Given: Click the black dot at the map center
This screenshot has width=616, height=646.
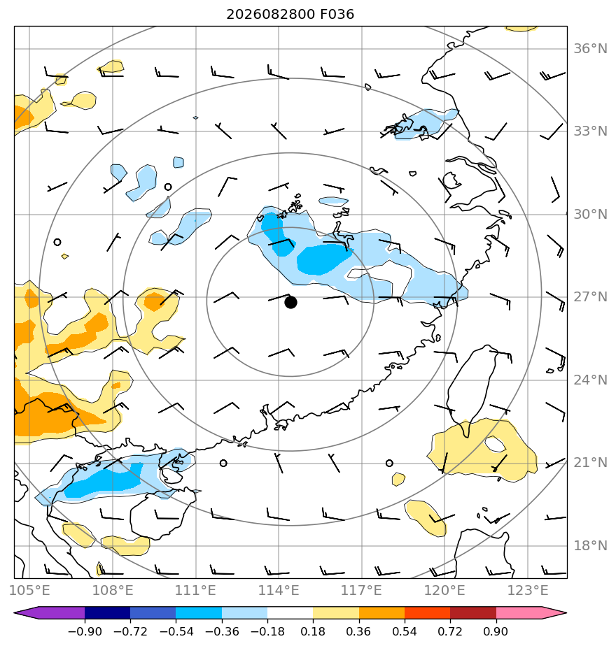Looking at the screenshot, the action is pyautogui.click(x=291, y=303).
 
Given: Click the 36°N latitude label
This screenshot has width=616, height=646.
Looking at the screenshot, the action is pyautogui.click(x=590, y=49).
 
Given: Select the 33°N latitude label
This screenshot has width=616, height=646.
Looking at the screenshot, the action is pyautogui.click(x=590, y=131).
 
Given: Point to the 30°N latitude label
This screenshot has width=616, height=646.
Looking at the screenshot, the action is pyautogui.click(x=590, y=214).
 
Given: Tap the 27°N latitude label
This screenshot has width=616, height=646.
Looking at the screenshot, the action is pyautogui.click(x=590, y=297).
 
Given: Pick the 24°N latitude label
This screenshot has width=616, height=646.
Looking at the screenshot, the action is pyautogui.click(x=590, y=380).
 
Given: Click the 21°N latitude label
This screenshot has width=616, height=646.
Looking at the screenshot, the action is pyautogui.click(x=590, y=463).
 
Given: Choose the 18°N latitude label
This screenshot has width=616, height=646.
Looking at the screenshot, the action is pyautogui.click(x=590, y=546).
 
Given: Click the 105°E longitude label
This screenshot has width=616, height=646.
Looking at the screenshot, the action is pyautogui.click(x=29, y=590).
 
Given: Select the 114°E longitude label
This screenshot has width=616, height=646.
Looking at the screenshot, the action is pyautogui.click(x=279, y=590).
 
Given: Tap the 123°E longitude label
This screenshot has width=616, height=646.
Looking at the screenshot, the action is pyautogui.click(x=528, y=590).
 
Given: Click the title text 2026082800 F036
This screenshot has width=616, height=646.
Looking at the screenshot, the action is pyautogui.click(x=290, y=15).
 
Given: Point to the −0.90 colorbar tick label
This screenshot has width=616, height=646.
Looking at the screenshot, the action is pyautogui.click(x=85, y=631).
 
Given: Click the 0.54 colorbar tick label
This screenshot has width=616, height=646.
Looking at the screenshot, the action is pyautogui.click(x=405, y=631).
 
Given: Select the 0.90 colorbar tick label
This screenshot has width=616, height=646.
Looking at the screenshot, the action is pyautogui.click(x=496, y=631).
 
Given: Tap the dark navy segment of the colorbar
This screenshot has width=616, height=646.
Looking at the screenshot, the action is pyautogui.click(x=107, y=612).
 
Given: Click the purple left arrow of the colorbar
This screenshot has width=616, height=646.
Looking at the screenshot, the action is pyautogui.click(x=49, y=612).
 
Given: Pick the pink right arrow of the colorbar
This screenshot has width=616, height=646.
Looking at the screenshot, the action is pyautogui.click(x=531, y=612).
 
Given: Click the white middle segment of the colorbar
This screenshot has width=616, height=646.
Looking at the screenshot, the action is pyautogui.click(x=290, y=612).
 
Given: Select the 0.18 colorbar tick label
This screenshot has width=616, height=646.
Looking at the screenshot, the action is pyautogui.click(x=313, y=631).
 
